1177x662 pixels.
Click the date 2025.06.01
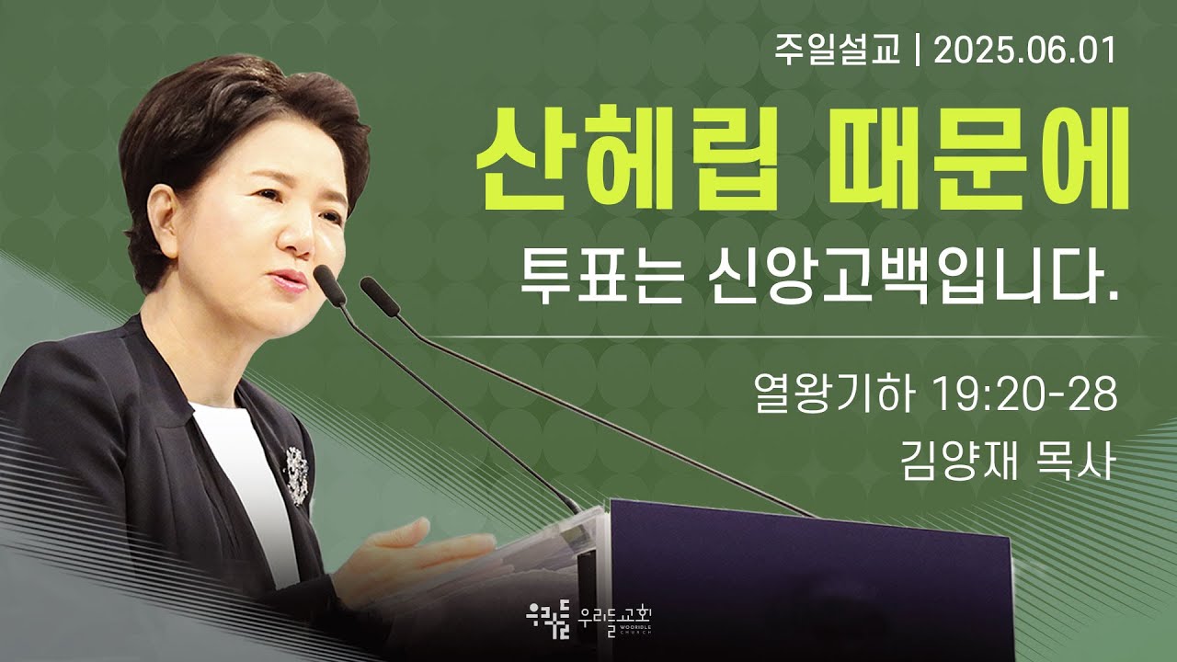(x=1024, y=51)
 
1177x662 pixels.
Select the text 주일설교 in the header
(x=838, y=51)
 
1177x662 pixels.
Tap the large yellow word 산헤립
(x=627, y=158)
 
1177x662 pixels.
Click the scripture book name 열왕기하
(x=832, y=394)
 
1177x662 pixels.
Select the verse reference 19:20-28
(x=1025, y=394)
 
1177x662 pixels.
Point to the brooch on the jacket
(x=296, y=475)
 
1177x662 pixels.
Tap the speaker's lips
(x=288, y=281)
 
